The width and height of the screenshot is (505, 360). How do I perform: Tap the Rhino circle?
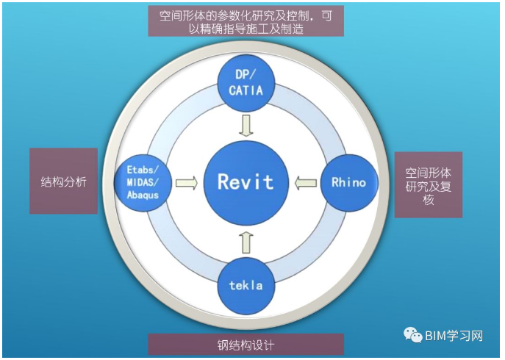pos(348,182)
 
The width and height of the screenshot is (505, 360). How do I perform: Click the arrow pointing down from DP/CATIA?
pos(246,126)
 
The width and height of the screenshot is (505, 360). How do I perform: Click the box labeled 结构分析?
pos(64,181)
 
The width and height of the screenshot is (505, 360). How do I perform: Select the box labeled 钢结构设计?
pos(246,345)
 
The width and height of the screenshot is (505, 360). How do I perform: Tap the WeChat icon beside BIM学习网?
pos(413,334)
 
